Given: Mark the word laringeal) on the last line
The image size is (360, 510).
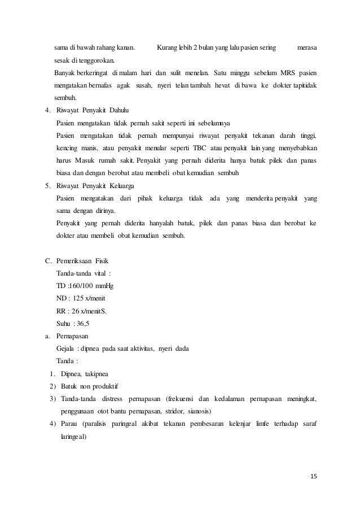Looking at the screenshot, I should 72,437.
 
